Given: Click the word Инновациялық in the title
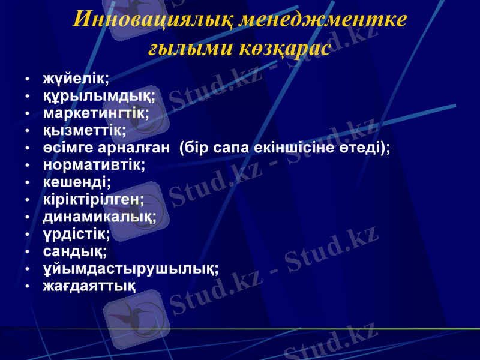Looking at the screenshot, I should pos(152,20).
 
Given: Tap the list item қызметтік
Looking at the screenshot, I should pos(84,130).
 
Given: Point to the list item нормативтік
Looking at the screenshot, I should pos(94,164).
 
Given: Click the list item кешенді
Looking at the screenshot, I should pos(76,181).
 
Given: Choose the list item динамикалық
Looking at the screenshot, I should pos(99,215).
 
